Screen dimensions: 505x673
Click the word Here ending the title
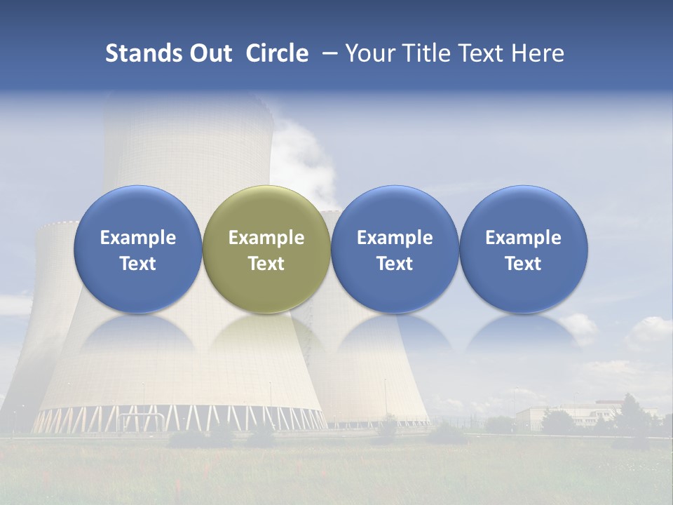coord(538,53)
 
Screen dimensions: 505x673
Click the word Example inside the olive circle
coord(266,238)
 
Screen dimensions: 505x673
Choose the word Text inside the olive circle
coord(266,264)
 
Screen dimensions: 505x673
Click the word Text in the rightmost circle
coord(523,264)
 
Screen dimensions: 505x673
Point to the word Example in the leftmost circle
coord(138,238)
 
